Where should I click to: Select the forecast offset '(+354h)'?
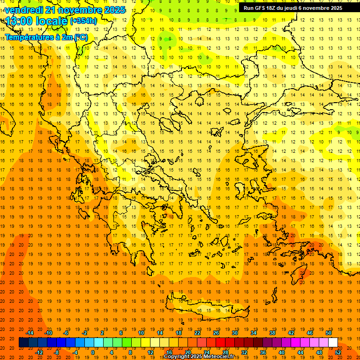tap(83, 21)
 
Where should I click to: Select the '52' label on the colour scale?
tap(338, 352)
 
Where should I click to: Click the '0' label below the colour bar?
tap(93, 352)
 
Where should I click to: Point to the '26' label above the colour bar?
tap(216, 333)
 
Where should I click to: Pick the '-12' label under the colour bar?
tap(39, 352)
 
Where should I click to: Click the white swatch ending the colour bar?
tap(333, 343)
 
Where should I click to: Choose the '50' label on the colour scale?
tap(329, 333)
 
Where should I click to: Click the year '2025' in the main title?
tap(114, 10)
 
